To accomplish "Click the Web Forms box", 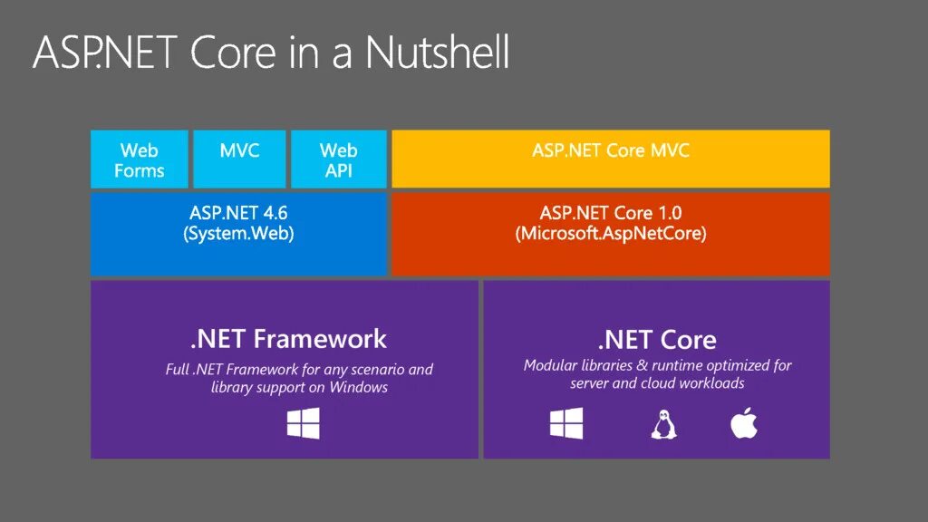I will coord(140,159).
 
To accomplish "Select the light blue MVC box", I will coord(239,159).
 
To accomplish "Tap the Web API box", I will coord(339,159).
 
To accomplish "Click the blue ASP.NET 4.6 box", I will coord(239,234).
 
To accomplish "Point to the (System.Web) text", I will coord(239,234).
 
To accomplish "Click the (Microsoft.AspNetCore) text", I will coord(611,234).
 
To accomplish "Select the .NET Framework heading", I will coord(288,339).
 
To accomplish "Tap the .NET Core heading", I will coord(657,340).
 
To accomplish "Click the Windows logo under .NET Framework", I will coord(304,424).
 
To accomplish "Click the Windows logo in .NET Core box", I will coord(566,424).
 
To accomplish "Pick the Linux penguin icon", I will coord(662,424).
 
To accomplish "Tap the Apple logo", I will coord(743,423).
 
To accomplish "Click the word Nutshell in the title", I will coord(437,53).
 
